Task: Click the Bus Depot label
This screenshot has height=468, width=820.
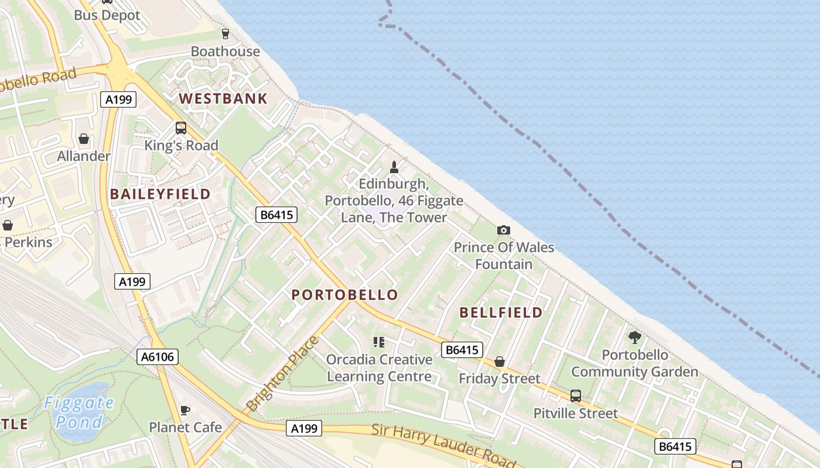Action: [107, 15]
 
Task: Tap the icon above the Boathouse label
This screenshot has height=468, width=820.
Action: [225, 34]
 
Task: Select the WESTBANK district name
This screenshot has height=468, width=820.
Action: [223, 98]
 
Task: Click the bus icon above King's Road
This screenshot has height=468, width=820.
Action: [181, 128]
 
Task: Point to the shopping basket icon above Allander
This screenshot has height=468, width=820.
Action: [84, 139]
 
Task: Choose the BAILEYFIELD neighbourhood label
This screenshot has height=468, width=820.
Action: [160, 194]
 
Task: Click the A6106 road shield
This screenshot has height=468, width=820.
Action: [158, 356]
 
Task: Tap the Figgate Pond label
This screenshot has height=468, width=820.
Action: [79, 412]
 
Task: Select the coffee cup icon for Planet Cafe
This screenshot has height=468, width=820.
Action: [184, 410]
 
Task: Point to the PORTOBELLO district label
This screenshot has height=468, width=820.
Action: [345, 295]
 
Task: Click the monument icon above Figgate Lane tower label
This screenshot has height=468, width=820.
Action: [394, 167]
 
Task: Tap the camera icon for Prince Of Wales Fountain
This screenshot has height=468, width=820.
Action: [504, 230]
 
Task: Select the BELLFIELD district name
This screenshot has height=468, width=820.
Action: [501, 312]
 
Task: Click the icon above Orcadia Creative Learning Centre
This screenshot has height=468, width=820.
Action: [379, 342]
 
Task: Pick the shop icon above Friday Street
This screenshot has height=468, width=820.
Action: [500, 362]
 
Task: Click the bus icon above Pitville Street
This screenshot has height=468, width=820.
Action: [576, 396]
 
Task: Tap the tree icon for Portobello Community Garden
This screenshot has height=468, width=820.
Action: [634, 337]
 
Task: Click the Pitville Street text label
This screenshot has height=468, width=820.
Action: [575, 414]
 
